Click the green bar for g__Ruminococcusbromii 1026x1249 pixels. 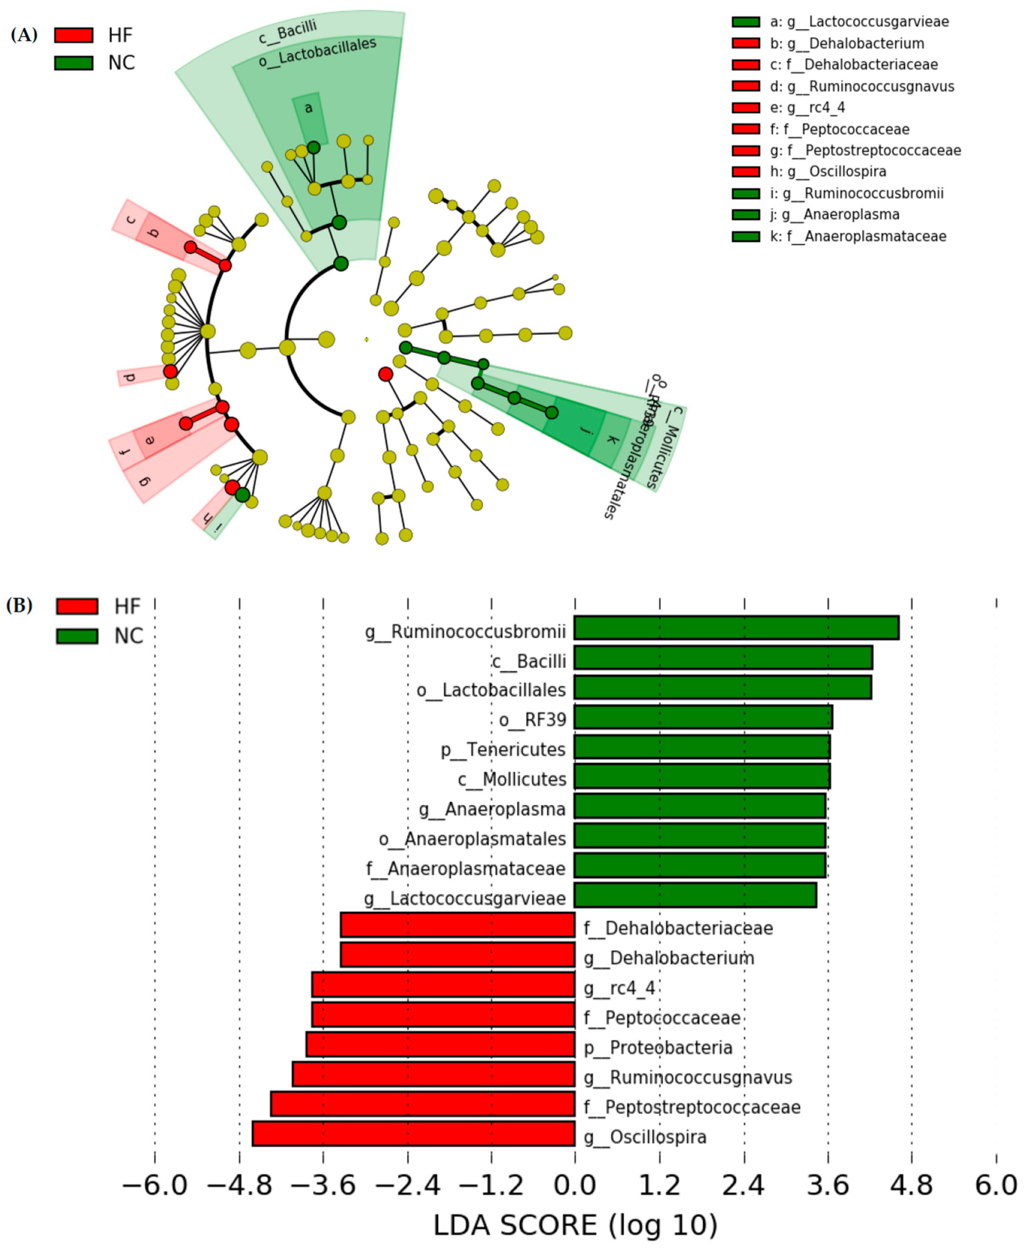(x=736, y=628)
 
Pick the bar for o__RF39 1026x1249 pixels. (x=703, y=717)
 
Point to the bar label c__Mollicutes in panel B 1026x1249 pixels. (x=512, y=779)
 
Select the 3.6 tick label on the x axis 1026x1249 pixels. (x=828, y=1186)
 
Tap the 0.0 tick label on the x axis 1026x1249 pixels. (x=575, y=1186)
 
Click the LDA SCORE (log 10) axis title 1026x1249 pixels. (x=575, y=1226)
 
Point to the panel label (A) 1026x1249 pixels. (x=24, y=35)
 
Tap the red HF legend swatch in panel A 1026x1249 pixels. (x=74, y=35)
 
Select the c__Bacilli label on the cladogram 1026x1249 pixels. (x=287, y=33)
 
